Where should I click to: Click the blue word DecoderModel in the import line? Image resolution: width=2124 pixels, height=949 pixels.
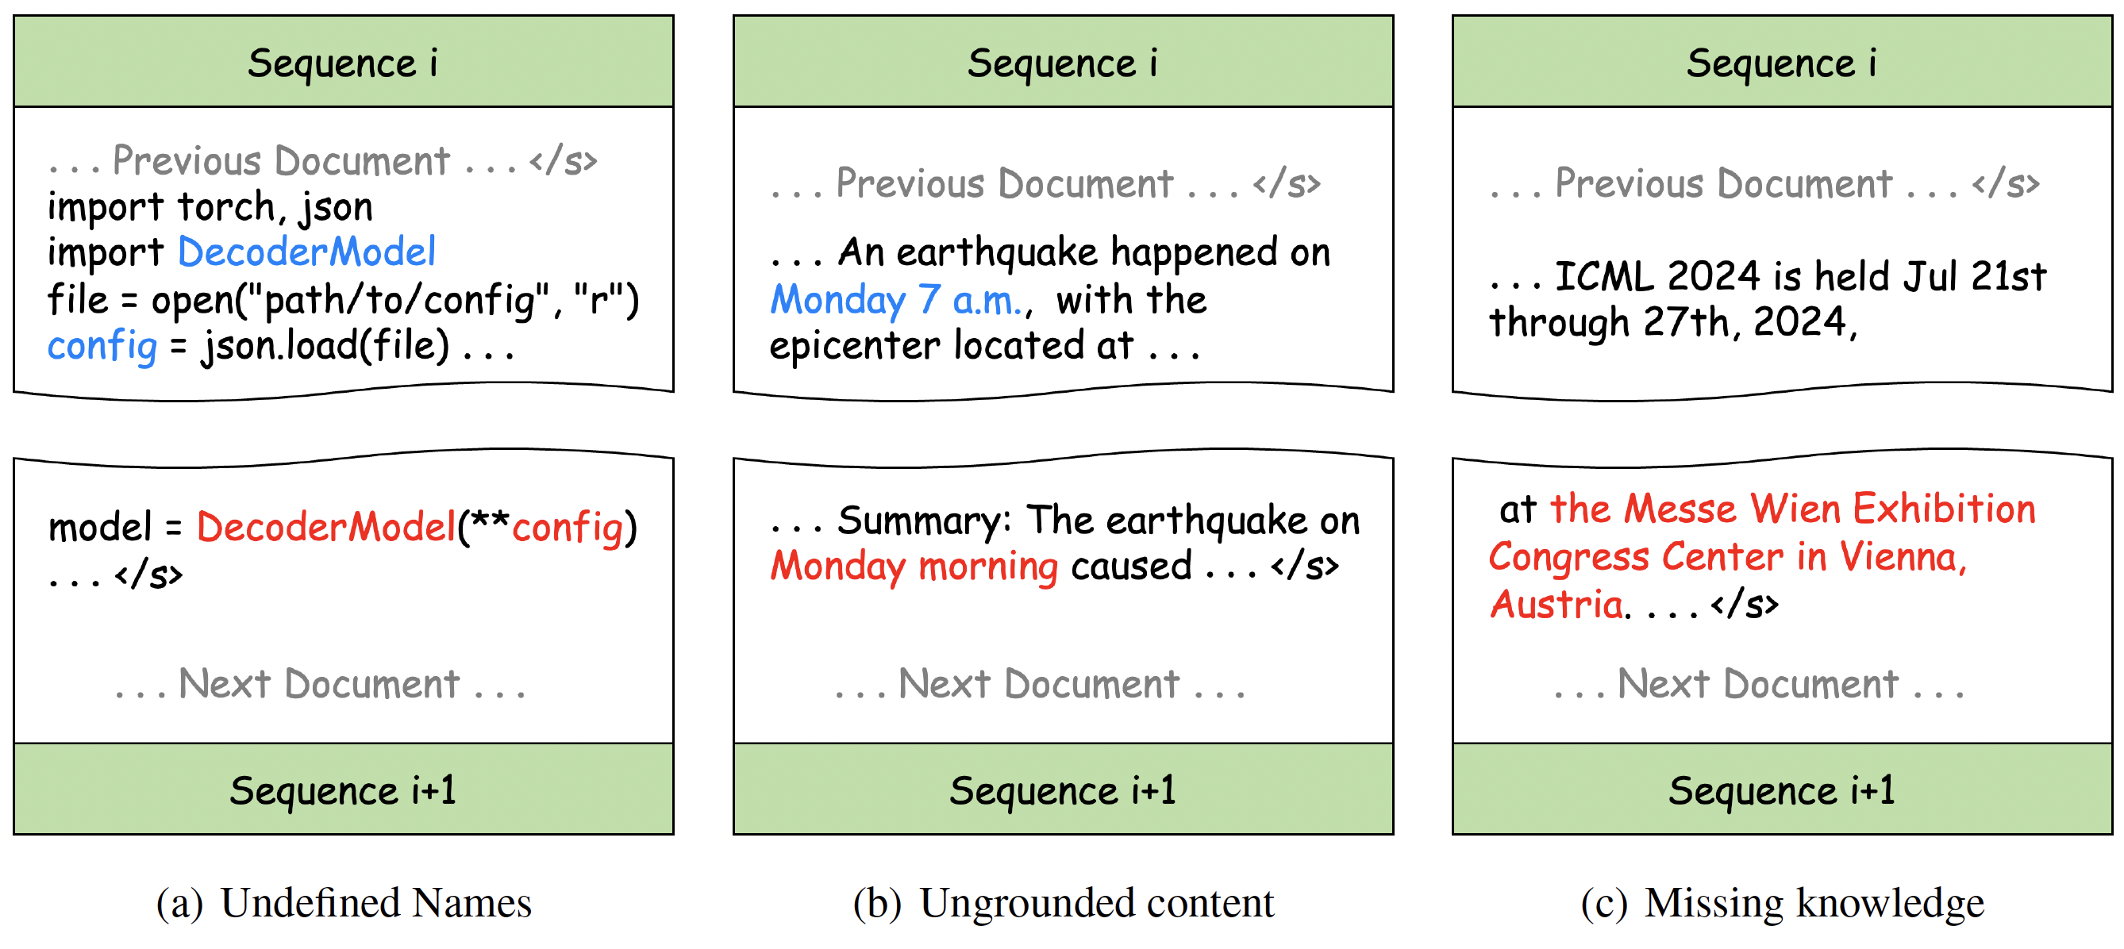[306, 252]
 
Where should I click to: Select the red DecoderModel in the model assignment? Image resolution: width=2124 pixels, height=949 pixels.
[325, 526]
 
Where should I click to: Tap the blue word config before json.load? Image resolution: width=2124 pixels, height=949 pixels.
[102, 345]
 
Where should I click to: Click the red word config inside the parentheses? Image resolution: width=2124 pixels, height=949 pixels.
[568, 526]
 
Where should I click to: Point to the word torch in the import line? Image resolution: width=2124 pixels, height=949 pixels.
[228, 206]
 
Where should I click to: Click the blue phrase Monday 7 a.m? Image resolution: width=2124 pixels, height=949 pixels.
[895, 299]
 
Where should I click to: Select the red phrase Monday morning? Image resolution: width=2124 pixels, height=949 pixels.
[914, 567]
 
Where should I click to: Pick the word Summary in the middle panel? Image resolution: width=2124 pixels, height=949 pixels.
[925, 521]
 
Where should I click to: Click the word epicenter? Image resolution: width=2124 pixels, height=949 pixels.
[854, 345]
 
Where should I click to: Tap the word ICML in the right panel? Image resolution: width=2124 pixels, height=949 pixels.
[1604, 276]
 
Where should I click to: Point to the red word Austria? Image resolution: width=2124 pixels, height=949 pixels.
[1556, 605]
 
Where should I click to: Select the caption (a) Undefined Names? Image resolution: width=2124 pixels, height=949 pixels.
[344, 903]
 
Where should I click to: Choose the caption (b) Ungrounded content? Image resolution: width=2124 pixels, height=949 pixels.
[1064, 903]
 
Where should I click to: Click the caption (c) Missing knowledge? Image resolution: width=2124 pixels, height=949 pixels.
[1783, 903]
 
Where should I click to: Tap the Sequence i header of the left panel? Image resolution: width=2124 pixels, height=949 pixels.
[343, 63]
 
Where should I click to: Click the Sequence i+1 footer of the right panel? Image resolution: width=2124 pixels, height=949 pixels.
[1782, 790]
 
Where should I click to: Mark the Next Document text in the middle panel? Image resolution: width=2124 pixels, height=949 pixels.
[1039, 684]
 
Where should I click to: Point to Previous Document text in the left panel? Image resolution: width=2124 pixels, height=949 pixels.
[281, 161]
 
